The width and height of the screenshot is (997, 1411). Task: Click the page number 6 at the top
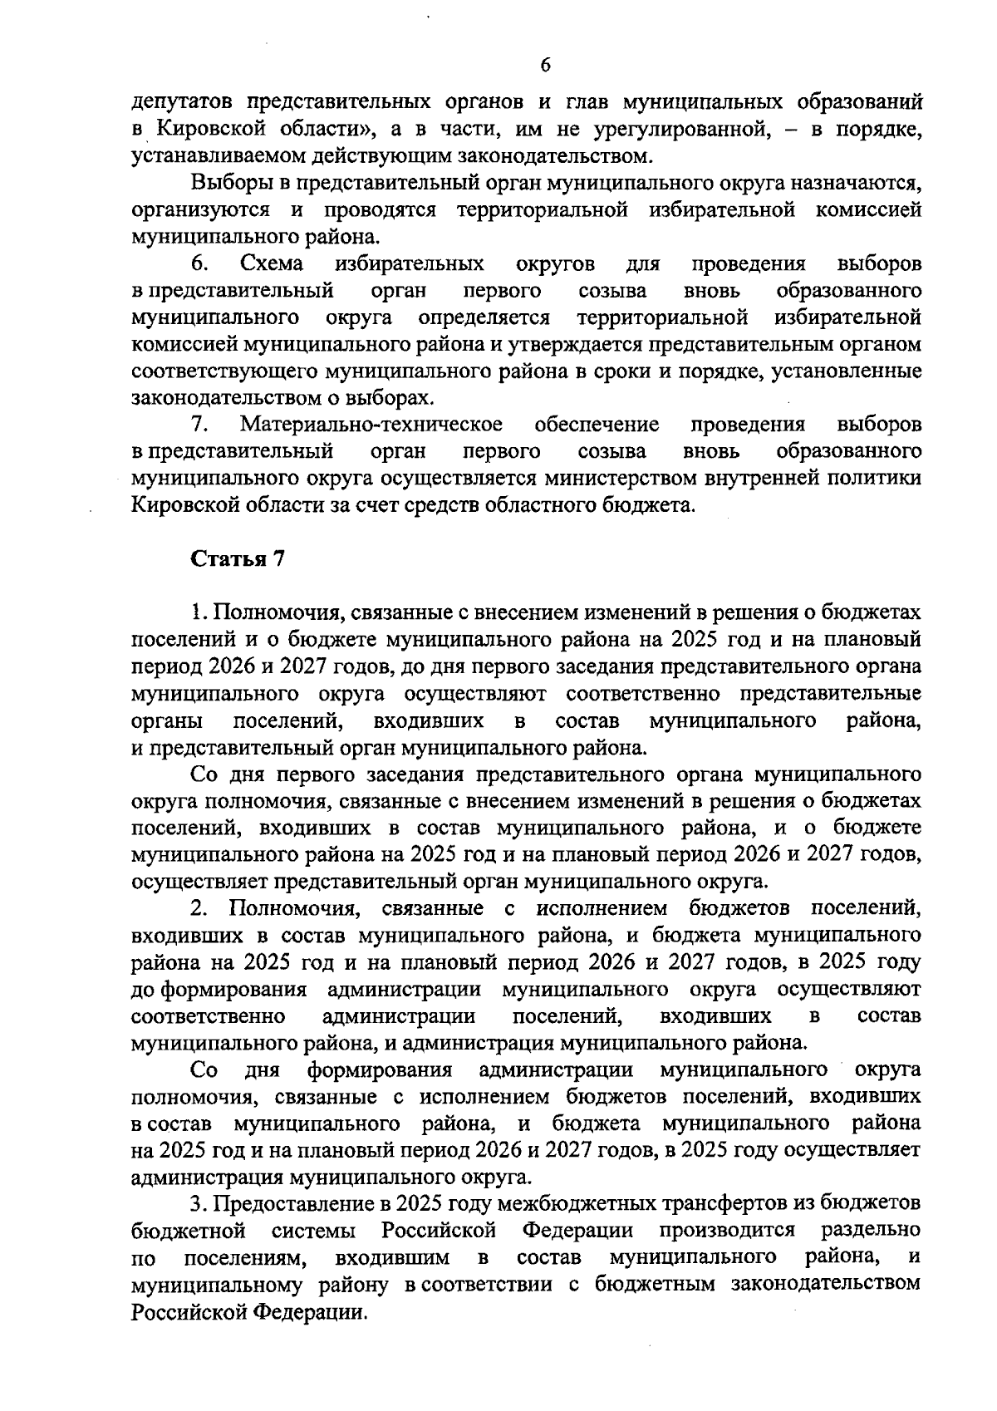pyautogui.click(x=545, y=65)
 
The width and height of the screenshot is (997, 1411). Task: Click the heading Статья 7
pyautogui.click(x=238, y=559)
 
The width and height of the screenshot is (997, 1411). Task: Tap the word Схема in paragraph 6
pyautogui.click(x=271, y=264)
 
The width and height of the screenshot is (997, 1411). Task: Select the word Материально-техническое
pyautogui.click(x=371, y=425)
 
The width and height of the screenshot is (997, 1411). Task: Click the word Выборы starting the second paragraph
pyautogui.click(x=230, y=183)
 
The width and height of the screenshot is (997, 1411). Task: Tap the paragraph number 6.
pyautogui.click(x=199, y=264)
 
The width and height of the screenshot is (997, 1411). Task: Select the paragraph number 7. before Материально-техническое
pyautogui.click(x=199, y=425)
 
